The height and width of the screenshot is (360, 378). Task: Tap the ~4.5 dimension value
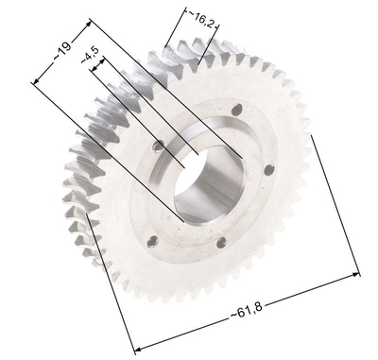tap(92, 60)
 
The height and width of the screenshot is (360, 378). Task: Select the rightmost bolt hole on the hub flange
tap(269, 170)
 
